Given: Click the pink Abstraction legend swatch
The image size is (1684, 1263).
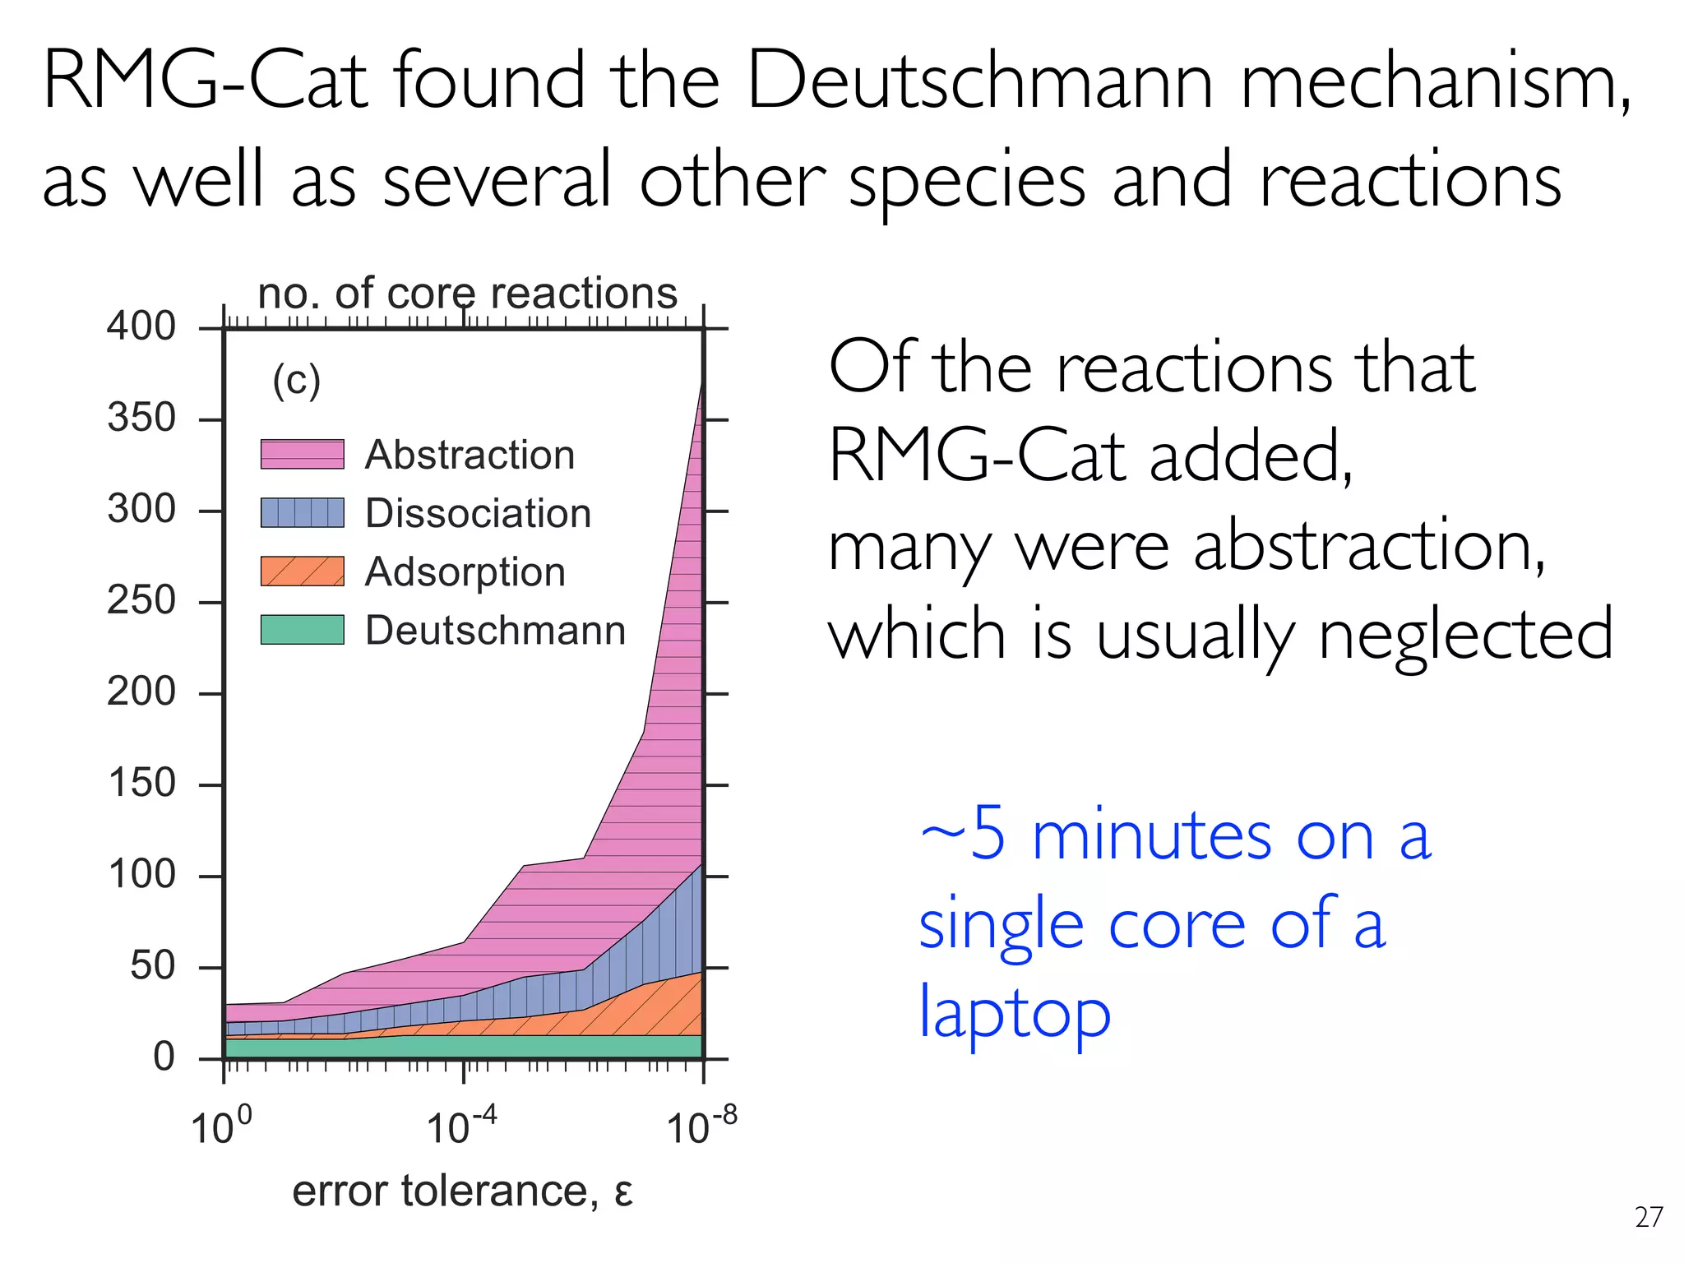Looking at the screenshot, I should [x=302, y=454].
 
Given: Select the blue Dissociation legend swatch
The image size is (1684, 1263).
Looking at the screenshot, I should [x=302, y=512].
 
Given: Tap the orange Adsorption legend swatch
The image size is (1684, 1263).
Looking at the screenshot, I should [x=302, y=571].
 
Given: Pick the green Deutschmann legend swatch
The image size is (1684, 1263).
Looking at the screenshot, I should [x=302, y=630].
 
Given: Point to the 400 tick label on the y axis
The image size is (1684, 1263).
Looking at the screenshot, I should [x=141, y=326].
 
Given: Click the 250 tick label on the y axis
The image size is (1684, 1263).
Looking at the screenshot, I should [x=141, y=600].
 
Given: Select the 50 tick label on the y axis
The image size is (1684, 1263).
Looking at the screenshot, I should [x=152, y=965].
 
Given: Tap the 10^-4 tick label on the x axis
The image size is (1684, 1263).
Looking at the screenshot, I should [x=461, y=1127].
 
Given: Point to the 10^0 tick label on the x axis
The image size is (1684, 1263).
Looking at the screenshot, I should [x=220, y=1127].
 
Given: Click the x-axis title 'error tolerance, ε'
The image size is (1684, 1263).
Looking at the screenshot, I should [x=462, y=1191].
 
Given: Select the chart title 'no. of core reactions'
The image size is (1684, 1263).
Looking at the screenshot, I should [x=467, y=294].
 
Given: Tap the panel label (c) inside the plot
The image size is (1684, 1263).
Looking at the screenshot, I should [x=296, y=380].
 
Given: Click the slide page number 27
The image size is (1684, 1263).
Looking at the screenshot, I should [x=1649, y=1217].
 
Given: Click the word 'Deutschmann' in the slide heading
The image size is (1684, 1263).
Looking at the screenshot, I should [x=979, y=81].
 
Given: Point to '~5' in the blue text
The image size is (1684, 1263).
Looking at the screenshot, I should [x=962, y=835].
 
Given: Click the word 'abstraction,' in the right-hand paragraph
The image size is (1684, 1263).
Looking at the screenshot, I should [x=1369, y=546].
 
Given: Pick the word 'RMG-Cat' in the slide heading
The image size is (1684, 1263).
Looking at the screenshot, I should [x=204, y=81].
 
